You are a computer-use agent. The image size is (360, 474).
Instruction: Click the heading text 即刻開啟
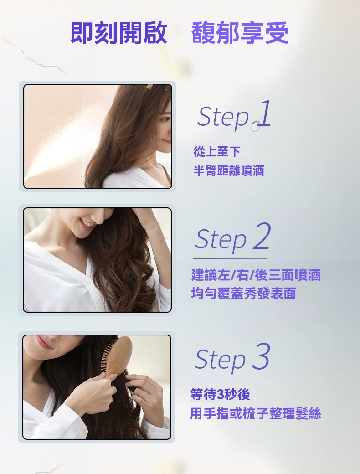click(118, 33)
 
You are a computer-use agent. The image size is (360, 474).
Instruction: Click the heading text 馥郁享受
click(240, 33)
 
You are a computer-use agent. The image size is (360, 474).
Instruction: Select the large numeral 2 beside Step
click(261, 236)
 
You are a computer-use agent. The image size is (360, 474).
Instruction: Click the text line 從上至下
click(217, 151)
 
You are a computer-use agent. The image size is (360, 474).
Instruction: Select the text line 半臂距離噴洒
click(228, 170)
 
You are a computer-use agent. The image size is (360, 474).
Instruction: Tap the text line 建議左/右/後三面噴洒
click(256, 275)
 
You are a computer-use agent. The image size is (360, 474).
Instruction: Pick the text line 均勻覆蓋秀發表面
click(244, 293)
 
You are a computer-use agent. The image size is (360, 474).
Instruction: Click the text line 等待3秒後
click(220, 394)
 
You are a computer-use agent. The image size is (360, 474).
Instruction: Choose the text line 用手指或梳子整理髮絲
click(255, 413)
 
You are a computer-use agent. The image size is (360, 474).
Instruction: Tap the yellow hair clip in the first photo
click(149, 87)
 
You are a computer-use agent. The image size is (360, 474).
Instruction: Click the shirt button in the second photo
click(88, 283)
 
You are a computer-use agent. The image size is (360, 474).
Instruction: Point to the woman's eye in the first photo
click(165, 119)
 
